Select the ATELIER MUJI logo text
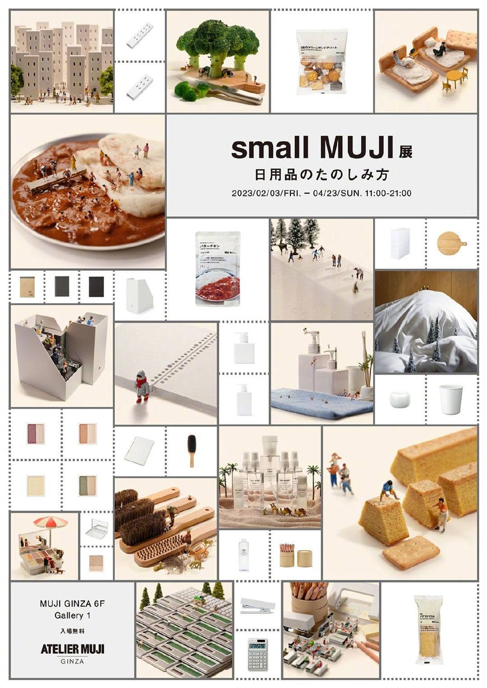pos(72,649)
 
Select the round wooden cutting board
pos(450,244)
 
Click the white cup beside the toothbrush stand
pos(451,398)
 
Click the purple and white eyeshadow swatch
pos(36,434)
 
